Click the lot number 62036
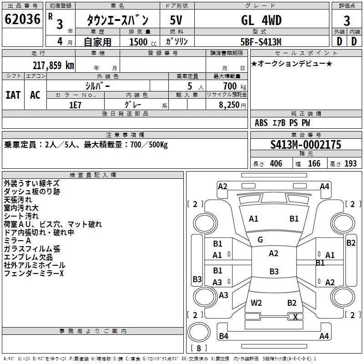22,19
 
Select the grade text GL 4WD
261,20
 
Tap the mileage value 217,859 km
53,66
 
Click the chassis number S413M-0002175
306,145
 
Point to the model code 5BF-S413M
261,42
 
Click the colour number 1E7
75,105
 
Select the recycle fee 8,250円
233,105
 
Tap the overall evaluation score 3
347,21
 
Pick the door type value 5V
176,20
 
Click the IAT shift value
13,95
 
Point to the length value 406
276,163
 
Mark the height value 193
350,163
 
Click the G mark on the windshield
260,240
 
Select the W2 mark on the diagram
256,303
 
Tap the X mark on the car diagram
295,317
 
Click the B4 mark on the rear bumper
223,336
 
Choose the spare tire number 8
199,348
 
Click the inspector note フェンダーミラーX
34,273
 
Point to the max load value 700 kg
234,86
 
